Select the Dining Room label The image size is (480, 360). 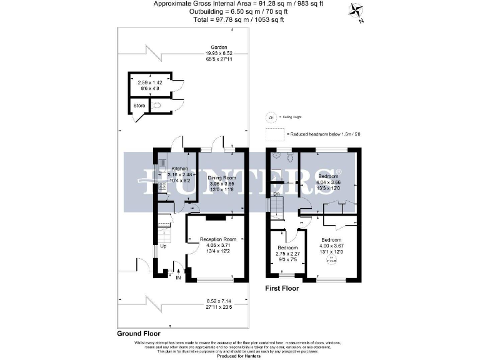pos(221,178)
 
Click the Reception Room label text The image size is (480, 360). pos(217,239)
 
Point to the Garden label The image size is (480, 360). pos(219,47)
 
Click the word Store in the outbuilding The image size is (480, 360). pos(139,106)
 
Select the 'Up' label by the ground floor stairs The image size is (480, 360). pos(164,246)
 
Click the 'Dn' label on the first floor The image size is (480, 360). pos(276,194)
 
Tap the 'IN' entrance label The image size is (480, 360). pos(179,277)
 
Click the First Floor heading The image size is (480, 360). pos(281,289)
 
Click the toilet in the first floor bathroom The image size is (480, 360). pos(289,159)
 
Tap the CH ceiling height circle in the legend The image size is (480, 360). pos(271,117)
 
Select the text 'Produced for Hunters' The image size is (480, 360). pos(239,356)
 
